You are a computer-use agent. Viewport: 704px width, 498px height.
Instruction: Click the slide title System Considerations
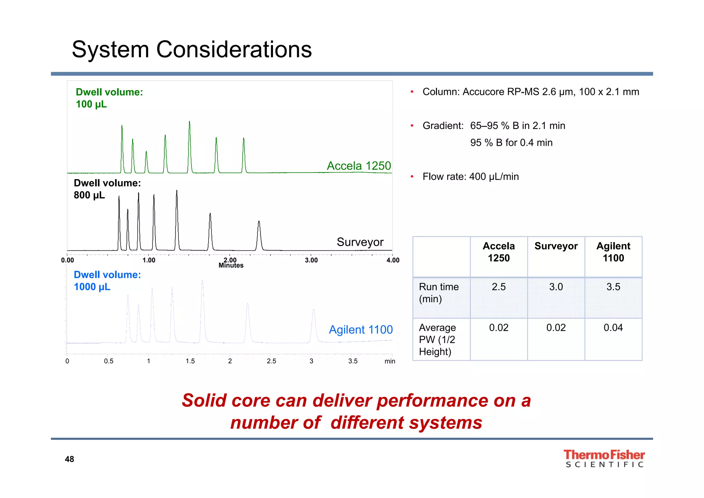click(x=191, y=50)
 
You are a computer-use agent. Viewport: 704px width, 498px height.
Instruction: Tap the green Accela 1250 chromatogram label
click(x=359, y=166)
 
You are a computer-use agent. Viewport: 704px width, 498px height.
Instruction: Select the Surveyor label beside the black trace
click(x=360, y=242)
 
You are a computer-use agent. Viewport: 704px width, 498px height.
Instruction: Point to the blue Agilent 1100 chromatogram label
click(x=360, y=329)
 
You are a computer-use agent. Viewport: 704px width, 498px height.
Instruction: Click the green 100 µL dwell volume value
click(x=91, y=104)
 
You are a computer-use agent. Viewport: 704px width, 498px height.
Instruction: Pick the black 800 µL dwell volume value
click(x=89, y=195)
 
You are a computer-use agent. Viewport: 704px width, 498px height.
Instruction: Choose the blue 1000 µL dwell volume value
click(x=92, y=287)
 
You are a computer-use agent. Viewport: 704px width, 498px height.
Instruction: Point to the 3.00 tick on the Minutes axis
click(x=311, y=260)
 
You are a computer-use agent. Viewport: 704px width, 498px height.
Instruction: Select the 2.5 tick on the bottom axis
click(x=271, y=361)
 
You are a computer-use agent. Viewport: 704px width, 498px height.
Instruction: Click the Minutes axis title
click(x=231, y=266)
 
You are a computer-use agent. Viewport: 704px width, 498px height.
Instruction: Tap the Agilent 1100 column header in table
click(x=613, y=252)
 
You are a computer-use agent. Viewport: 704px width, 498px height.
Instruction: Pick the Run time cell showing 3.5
click(x=613, y=287)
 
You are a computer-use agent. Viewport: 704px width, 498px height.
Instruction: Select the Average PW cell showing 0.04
click(x=613, y=327)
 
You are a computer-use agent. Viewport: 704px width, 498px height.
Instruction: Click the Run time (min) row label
click(x=439, y=293)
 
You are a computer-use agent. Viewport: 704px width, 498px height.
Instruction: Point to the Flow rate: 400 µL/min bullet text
click(x=470, y=177)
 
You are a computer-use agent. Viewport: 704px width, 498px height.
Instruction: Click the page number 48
click(x=69, y=459)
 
